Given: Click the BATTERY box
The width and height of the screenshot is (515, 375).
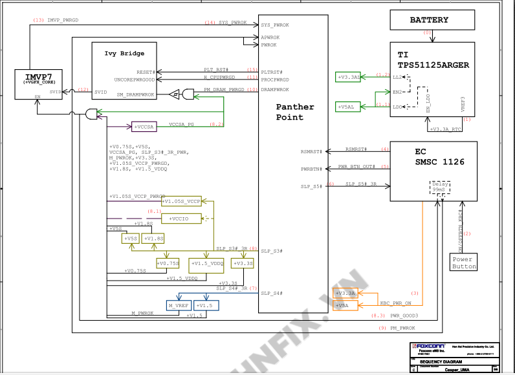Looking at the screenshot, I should tap(428, 20).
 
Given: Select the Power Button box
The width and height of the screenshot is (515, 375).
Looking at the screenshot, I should tap(464, 262).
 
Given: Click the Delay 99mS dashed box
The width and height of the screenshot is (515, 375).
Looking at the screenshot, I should tap(441, 187).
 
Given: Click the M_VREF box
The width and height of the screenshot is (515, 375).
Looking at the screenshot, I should tap(179, 305).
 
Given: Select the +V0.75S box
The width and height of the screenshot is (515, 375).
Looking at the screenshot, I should tap(168, 263).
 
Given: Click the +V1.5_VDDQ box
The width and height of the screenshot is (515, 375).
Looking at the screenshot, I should tap(207, 264).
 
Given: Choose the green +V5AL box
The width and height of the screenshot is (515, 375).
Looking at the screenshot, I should tap(347, 107).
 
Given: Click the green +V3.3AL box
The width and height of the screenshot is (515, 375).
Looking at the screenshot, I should tap(348, 78).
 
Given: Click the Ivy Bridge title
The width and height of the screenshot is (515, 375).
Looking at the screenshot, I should tap(124, 53).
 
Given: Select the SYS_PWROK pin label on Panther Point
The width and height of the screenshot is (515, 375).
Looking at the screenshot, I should tap(275, 25).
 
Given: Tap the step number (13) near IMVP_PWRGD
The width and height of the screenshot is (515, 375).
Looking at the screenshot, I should tap(38, 20).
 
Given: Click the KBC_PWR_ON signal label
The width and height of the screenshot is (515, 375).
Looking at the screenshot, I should tap(395, 303).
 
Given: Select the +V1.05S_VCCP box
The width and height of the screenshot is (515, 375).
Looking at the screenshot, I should tap(181, 202).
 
